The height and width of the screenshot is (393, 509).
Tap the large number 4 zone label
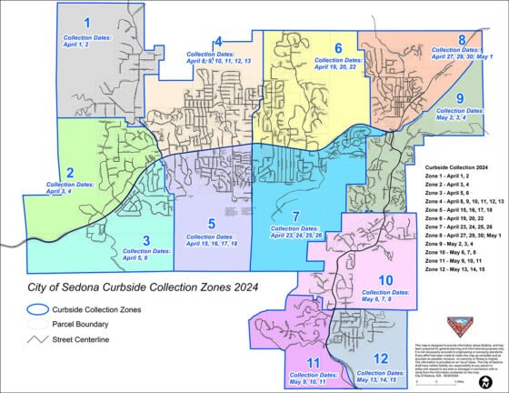pos(218,41)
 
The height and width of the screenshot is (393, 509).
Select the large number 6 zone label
pos(337,47)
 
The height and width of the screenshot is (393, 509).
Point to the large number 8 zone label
pos(462,40)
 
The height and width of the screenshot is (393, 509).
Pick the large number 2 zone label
pos(69,173)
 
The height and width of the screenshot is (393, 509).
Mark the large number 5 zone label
pos(211,224)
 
